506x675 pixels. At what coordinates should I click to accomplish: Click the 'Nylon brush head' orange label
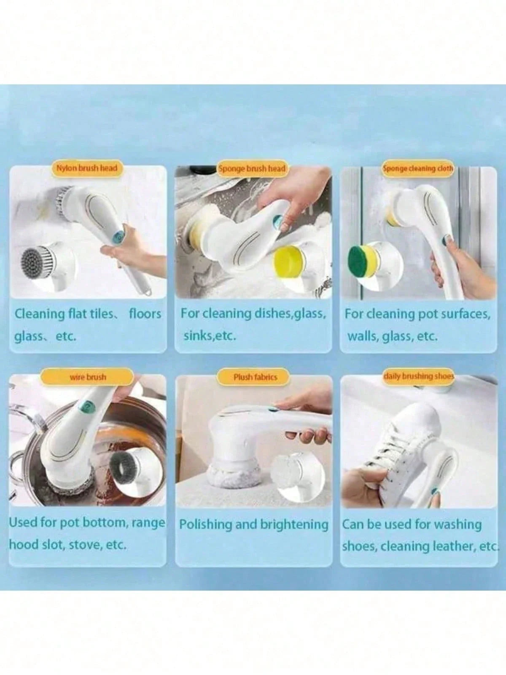[x=86, y=168]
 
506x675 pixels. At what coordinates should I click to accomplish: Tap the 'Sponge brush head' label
[x=252, y=168]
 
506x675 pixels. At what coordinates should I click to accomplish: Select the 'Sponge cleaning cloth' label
[x=417, y=168]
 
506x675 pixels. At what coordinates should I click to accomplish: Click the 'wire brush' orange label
[x=88, y=377]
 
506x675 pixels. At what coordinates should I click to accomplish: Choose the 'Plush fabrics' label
[x=255, y=377]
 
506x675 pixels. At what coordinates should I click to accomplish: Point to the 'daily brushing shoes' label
[x=418, y=375]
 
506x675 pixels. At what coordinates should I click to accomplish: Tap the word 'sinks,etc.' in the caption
[x=209, y=336]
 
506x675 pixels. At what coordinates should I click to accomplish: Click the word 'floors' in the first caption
[x=145, y=314]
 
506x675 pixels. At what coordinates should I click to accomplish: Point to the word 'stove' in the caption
[x=84, y=544]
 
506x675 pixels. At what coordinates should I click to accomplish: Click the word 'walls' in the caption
[x=362, y=336]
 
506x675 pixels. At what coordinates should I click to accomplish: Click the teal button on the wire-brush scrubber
[x=86, y=406]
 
